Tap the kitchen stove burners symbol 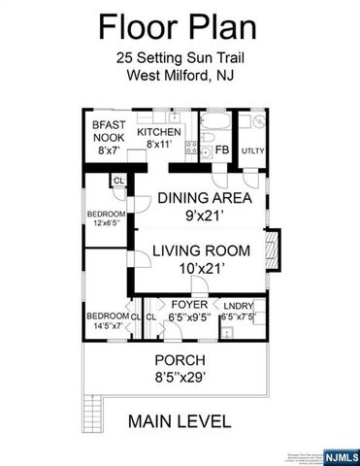click(191, 150)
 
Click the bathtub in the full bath click(213, 125)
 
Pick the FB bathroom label click(221, 150)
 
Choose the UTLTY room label click(253, 151)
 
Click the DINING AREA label click(205, 198)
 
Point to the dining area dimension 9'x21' click(205, 215)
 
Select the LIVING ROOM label click(201, 250)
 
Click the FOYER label click(190, 304)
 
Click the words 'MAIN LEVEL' click(180, 421)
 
